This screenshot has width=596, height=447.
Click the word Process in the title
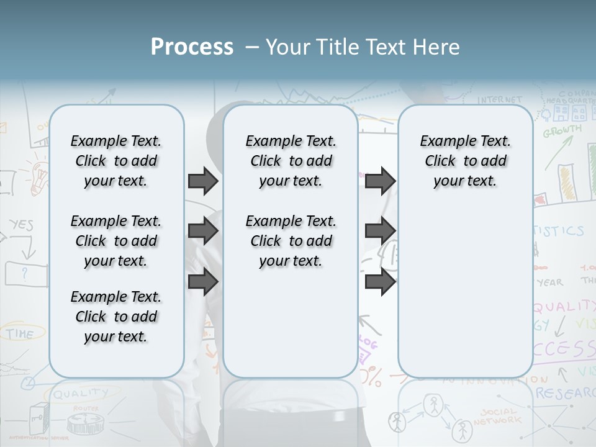pos(192,47)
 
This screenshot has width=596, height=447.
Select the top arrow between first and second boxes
pos(203,181)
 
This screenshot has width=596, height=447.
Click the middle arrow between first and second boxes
pos(203,232)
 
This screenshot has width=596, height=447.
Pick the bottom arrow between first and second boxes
pos(203,282)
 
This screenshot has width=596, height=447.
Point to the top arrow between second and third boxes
pos(380,181)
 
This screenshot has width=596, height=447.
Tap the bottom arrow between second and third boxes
pos(380,282)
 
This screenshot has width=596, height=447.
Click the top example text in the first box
pos(116,161)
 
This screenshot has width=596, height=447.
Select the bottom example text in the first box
pos(116,317)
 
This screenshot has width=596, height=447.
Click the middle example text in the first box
pos(116,241)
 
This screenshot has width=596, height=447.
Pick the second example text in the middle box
pos(291,241)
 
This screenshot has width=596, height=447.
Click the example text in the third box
pos(465,161)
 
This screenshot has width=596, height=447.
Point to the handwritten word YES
pos(21,225)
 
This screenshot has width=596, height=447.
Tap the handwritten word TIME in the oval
pos(20,334)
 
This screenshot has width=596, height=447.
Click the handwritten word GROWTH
pos(562,131)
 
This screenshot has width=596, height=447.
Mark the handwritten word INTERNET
pos(500,99)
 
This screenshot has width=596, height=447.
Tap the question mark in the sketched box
pos(25,272)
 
